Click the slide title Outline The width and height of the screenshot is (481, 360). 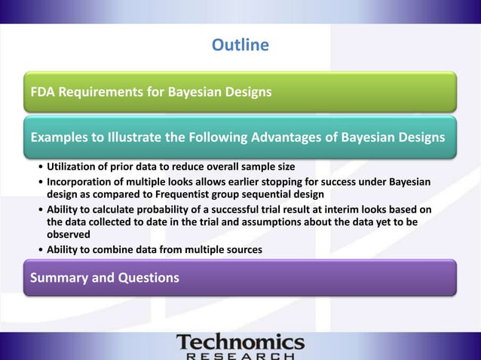[240, 46]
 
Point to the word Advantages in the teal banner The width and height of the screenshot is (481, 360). [317, 137]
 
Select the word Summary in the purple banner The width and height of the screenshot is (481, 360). [60, 278]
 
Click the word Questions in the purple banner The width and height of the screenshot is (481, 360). [146, 278]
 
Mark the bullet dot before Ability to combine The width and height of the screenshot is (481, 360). [40, 250]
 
